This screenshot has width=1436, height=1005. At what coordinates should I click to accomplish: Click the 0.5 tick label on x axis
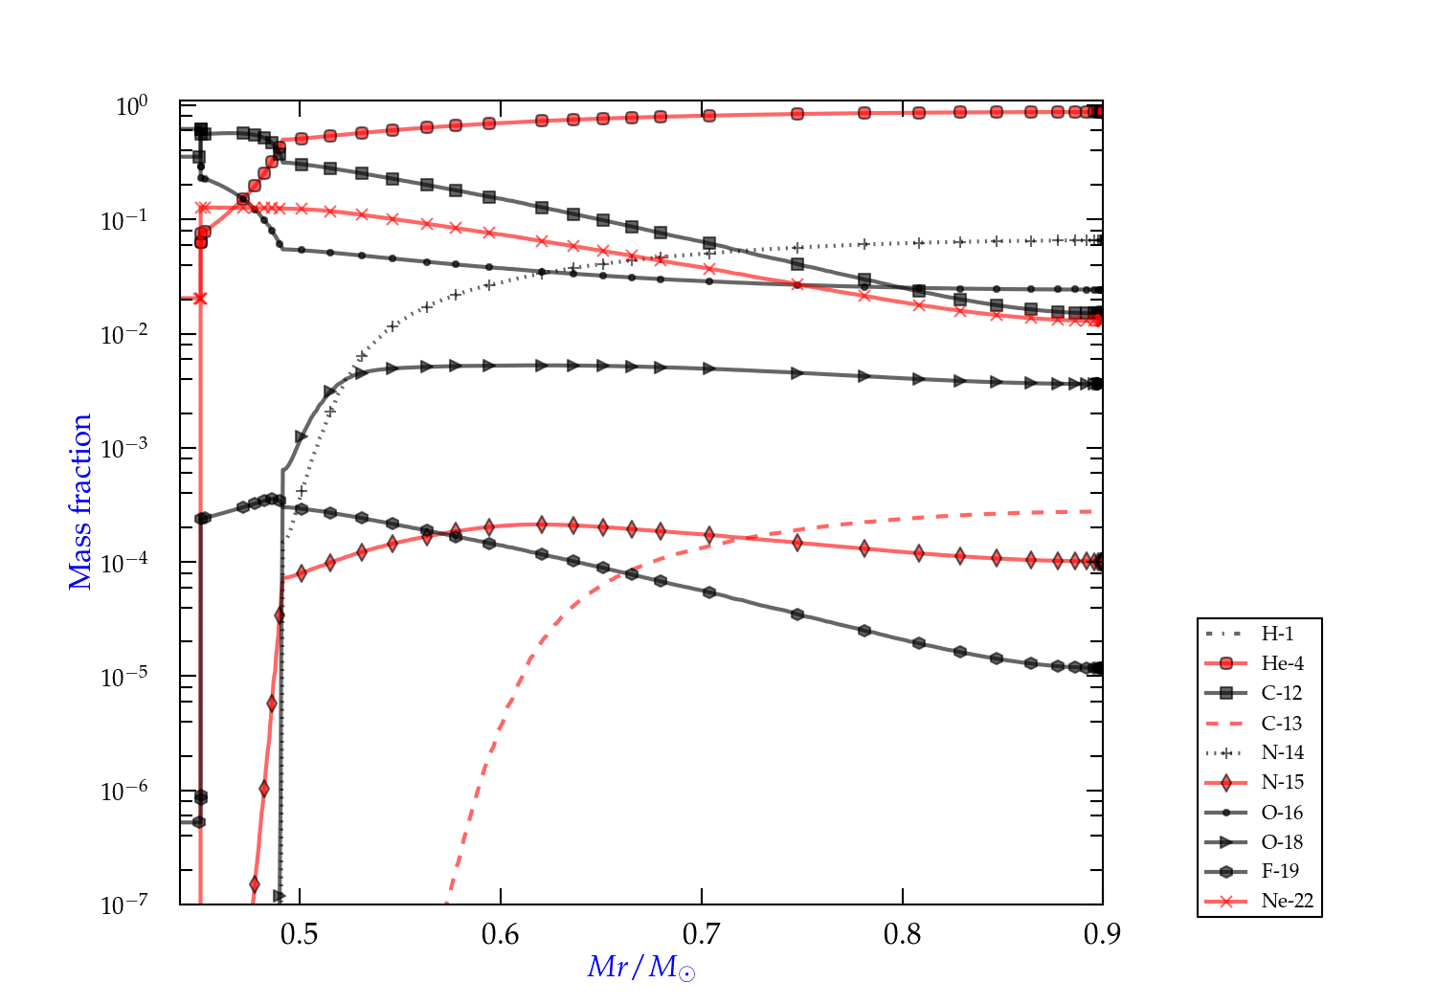click(300, 934)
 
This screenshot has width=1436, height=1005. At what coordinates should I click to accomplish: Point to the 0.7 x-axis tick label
click(702, 934)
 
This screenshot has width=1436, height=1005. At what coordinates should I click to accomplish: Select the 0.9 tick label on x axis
click(1102, 934)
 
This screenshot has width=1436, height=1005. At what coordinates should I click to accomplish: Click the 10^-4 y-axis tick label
click(124, 562)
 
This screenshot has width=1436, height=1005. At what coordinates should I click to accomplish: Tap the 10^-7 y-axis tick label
click(124, 904)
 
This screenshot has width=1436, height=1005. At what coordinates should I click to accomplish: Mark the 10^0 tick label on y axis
click(131, 105)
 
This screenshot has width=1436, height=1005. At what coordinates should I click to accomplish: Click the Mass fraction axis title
click(79, 502)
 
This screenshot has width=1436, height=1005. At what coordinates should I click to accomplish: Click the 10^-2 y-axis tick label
click(124, 334)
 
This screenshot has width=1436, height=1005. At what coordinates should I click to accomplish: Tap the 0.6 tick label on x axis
click(501, 934)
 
